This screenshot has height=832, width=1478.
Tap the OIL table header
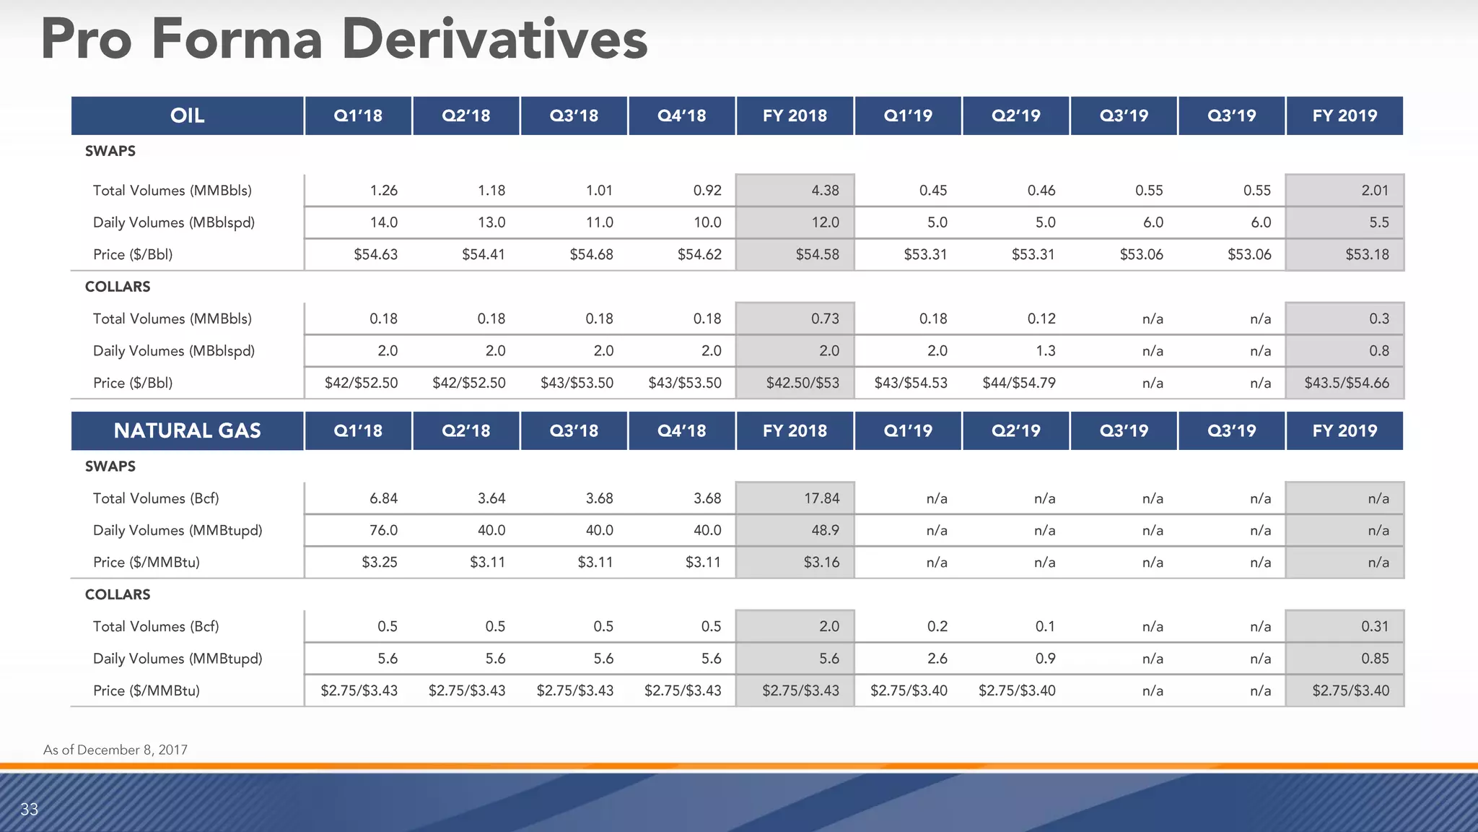point(187,116)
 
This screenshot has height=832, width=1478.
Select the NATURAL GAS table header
point(187,430)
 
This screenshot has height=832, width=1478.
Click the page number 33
point(30,809)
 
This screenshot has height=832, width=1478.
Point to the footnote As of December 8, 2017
point(115,750)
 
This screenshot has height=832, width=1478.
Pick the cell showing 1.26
point(383,191)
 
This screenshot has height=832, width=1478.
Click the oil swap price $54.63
point(375,254)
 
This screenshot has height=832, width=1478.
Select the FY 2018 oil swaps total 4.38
point(825,191)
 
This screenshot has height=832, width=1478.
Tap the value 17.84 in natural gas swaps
point(821,498)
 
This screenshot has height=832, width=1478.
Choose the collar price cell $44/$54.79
point(1018,383)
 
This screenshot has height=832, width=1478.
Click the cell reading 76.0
point(383,530)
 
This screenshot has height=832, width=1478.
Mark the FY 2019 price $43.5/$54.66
point(1346,383)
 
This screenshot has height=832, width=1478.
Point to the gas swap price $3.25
point(379,562)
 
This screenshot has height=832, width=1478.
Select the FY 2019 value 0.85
point(1374,659)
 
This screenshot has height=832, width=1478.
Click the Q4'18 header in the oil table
point(681,116)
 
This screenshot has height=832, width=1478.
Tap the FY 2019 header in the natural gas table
point(1344,430)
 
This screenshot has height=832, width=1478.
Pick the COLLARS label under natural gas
point(118,594)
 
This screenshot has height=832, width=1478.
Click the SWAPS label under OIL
point(110,151)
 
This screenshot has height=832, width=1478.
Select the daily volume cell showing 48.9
point(825,530)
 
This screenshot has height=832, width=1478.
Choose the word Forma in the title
point(237,40)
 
